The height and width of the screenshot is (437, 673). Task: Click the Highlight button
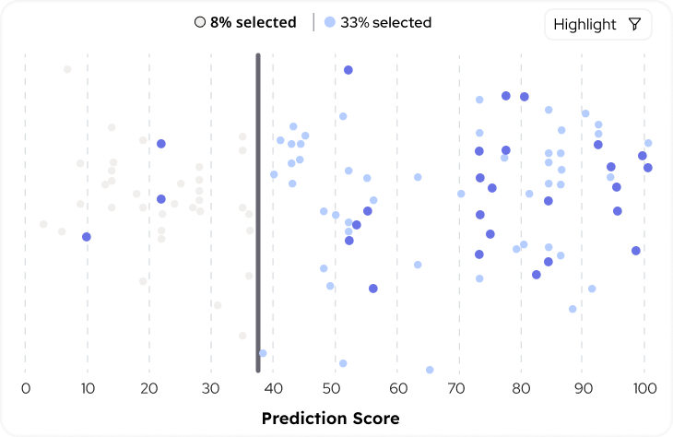tap(597, 25)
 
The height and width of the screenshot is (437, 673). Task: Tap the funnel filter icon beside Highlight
tap(634, 25)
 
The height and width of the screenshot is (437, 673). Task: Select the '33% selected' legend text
tap(385, 22)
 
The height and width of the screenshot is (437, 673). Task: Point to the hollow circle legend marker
tap(199, 22)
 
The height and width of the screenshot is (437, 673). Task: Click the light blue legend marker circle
tap(330, 22)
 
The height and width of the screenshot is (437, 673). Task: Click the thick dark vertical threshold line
tap(258, 212)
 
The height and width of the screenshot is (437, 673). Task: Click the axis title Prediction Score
tap(331, 419)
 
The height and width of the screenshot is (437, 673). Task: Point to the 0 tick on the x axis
tap(26, 388)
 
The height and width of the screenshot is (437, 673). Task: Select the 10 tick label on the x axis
tap(88, 388)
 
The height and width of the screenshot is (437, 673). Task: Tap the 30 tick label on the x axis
tap(211, 388)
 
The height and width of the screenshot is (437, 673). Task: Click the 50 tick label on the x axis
tap(335, 388)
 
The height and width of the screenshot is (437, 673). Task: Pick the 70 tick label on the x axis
tap(458, 388)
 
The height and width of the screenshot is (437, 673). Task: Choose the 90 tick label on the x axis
tap(582, 388)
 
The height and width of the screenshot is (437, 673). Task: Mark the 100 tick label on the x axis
tap(643, 388)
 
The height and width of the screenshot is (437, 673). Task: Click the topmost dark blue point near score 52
tap(348, 70)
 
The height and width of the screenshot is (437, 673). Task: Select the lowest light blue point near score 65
tap(430, 370)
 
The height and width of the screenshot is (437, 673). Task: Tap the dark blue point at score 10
tap(87, 237)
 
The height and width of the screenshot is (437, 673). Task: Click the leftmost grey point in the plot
tap(43, 224)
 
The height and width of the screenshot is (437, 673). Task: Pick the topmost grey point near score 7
tap(67, 69)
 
